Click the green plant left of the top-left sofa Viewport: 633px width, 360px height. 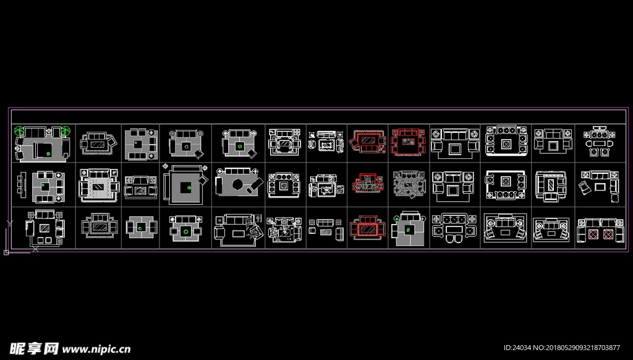pos(20,131)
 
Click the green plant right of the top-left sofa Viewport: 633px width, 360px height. pos(65,131)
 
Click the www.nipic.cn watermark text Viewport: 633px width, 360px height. pos(96,348)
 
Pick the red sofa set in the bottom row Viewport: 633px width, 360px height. pos(367,227)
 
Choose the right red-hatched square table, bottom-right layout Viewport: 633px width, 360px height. pos(608,235)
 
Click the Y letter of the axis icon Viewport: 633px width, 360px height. pos(7,221)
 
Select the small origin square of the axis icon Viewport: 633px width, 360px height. pos(6,252)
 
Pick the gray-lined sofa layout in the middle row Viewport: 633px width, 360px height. pos(409,183)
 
